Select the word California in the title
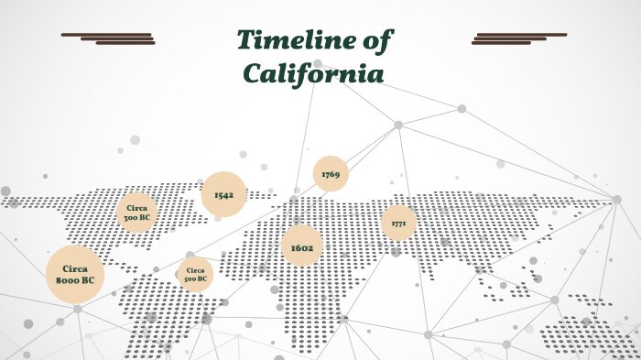[x=311, y=73]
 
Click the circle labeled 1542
[x=223, y=195]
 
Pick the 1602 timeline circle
[x=302, y=247]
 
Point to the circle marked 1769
[x=331, y=174]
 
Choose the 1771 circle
[x=398, y=223]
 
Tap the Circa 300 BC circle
[x=136, y=213]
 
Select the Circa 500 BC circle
[x=195, y=274]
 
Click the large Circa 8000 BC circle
[x=75, y=274]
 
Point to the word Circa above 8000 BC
[x=75, y=268]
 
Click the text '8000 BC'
[x=75, y=280]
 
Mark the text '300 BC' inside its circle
[x=136, y=218]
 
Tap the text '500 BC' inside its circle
[x=195, y=278]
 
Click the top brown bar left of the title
[x=105, y=35]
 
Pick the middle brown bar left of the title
[x=117, y=38]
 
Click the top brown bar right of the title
[x=521, y=35]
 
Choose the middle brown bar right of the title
[x=509, y=38]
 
